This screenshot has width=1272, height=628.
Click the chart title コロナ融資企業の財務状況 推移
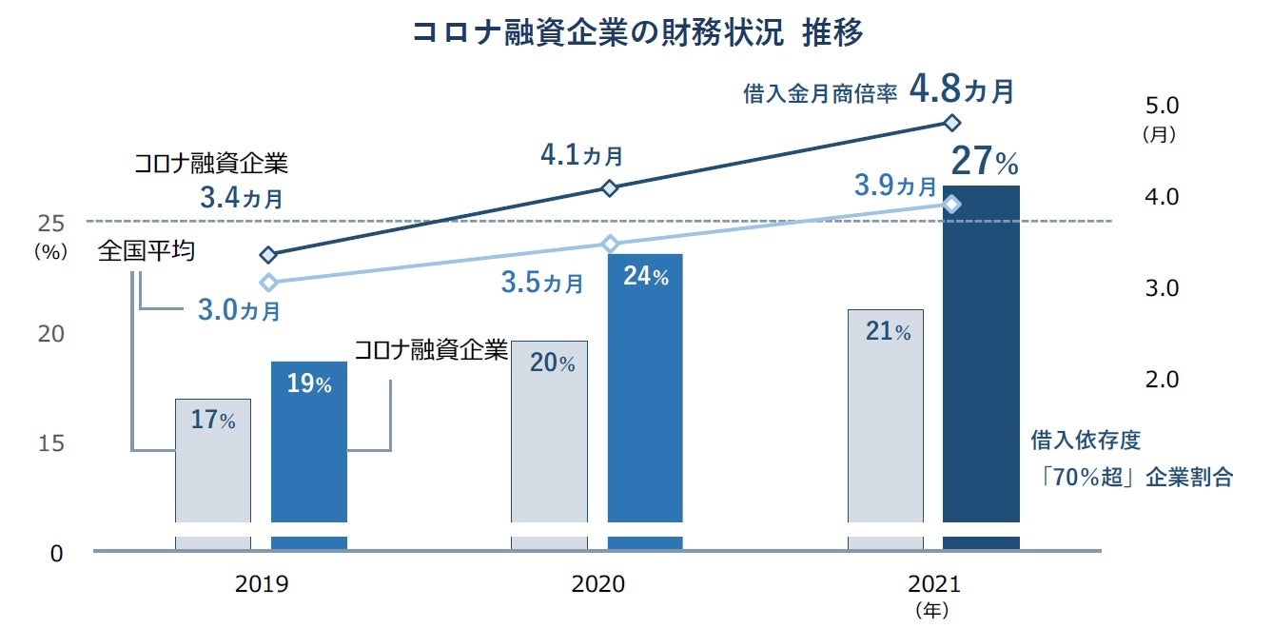(637, 33)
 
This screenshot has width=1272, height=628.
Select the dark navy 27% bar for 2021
(981, 362)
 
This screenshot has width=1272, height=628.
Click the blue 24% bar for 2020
(645, 400)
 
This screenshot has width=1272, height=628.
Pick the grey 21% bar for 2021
(886, 428)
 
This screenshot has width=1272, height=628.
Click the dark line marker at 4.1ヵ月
(610, 188)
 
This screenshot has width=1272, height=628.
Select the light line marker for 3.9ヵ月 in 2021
(951, 205)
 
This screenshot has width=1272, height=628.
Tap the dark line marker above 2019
(268, 255)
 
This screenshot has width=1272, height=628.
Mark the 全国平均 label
(147, 252)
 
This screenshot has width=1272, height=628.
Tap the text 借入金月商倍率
(821, 94)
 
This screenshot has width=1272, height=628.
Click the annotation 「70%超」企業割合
(1137, 478)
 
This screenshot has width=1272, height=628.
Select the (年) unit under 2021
(930, 609)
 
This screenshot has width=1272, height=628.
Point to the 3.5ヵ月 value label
(542, 283)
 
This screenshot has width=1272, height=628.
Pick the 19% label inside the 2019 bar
(308, 384)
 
